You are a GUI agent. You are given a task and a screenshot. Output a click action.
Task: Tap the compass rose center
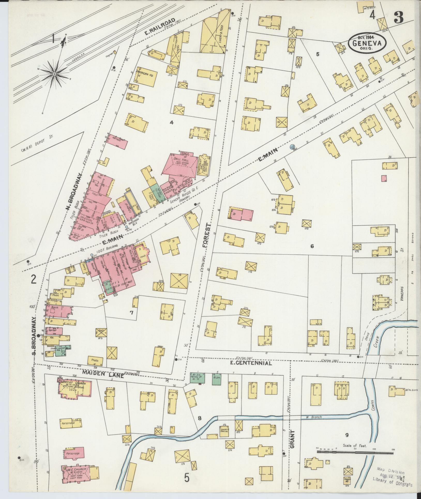(55, 74)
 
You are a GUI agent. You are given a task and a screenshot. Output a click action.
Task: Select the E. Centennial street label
(251, 363)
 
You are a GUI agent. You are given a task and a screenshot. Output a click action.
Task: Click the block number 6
(312, 246)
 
